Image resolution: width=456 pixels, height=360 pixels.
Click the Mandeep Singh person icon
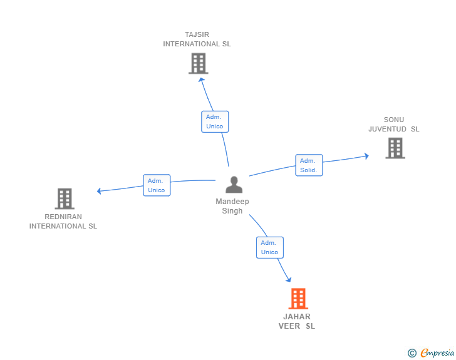click(234, 185)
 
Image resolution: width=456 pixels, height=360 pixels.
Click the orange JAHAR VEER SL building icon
click(298, 299)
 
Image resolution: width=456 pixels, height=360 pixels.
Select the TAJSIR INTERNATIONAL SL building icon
click(199, 63)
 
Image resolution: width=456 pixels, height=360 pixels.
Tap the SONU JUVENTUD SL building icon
click(395, 148)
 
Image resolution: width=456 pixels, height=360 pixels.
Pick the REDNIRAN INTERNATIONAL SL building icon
click(65, 199)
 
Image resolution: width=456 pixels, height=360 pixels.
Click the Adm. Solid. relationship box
click(309, 165)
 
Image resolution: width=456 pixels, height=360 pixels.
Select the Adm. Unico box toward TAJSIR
click(215, 121)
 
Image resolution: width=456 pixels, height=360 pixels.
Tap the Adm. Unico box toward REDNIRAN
click(157, 185)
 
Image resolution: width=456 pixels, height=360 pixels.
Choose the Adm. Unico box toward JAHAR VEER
click(269, 247)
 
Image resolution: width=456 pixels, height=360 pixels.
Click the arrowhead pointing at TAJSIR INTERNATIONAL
click(201, 80)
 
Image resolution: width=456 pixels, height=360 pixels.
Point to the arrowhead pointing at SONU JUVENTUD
click(367, 156)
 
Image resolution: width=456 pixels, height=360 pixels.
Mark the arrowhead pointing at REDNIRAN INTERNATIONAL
click(98, 191)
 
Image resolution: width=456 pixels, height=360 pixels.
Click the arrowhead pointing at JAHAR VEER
click(289, 280)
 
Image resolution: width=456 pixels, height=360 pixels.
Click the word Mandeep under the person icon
click(232, 202)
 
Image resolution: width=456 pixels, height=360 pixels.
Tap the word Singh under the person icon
click(232, 211)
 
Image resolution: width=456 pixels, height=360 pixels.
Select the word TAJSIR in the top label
click(197, 34)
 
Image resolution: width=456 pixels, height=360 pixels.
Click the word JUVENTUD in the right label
click(387, 129)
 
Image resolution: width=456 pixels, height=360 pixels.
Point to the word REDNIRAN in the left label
click(63, 217)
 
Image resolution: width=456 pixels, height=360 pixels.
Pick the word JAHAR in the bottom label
click(297, 317)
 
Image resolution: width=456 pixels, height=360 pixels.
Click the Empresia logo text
click(437, 352)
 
